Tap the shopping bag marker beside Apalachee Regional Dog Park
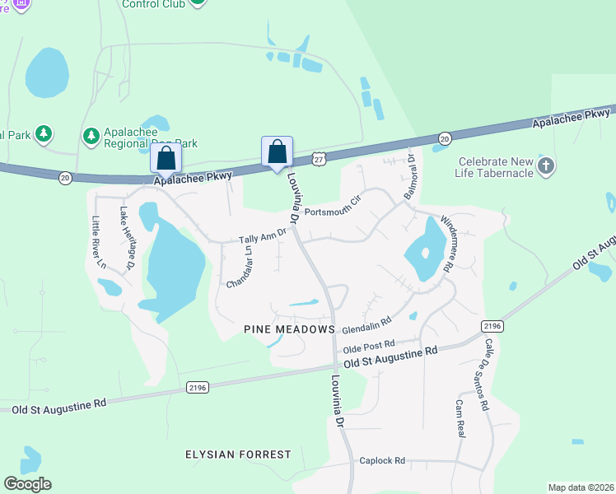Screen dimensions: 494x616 click(166, 157)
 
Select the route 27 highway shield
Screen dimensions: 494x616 click(318, 157)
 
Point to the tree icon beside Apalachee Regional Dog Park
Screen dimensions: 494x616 click(91, 133)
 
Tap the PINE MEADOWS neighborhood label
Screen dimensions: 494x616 click(290, 329)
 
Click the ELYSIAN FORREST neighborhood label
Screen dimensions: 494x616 click(238, 454)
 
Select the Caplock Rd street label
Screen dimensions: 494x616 click(382, 461)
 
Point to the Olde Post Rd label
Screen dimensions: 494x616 click(369, 344)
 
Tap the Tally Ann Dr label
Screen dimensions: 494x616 click(262, 237)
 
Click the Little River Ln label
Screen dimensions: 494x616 click(98, 242)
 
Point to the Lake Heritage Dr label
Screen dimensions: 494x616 click(126, 239)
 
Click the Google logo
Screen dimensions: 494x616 click(27, 484)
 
